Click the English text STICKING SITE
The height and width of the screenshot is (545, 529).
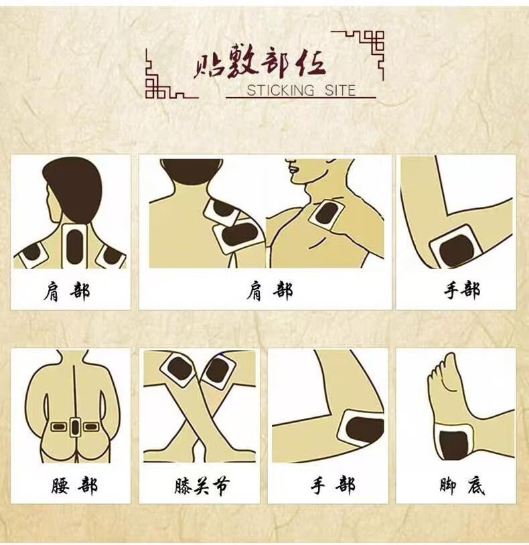point(301,90)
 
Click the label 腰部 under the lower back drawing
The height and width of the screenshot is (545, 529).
point(74,485)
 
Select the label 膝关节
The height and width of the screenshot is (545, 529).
point(202,485)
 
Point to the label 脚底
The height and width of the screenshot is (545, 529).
point(462,485)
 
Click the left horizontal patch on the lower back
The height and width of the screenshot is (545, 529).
point(58,426)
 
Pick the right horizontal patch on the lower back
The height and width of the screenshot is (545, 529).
point(90,426)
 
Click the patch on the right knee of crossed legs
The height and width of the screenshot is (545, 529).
point(218,370)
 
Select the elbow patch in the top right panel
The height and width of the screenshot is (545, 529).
point(453,247)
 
